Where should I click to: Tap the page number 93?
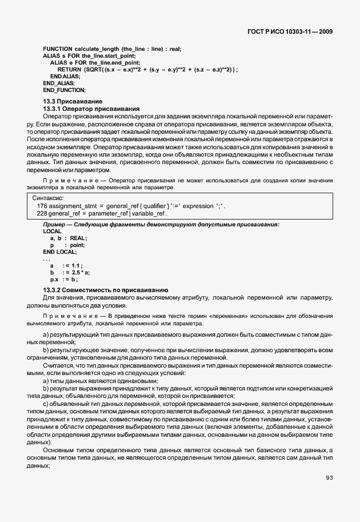[x=329, y=477]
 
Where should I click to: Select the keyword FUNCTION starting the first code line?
[x=58, y=49]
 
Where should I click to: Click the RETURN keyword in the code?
[x=70, y=69]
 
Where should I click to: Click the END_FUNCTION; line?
[x=64, y=90]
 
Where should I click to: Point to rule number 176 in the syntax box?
[x=42, y=206]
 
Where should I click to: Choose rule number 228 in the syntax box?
[x=42, y=213]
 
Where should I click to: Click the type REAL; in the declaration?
[x=78, y=238]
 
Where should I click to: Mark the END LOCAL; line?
[x=59, y=252]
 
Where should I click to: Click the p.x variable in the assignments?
[x=54, y=280]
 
